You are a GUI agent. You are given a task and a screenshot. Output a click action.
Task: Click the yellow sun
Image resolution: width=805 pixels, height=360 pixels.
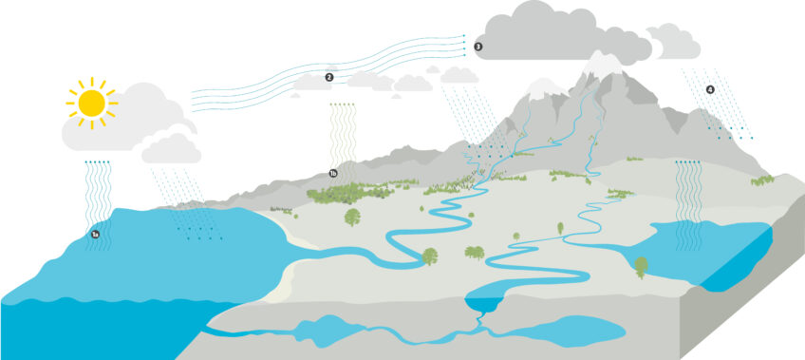pyautogui.click(x=92, y=103)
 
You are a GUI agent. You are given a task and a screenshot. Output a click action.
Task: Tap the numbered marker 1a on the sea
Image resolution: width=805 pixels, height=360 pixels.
pyautogui.click(x=95, y=233)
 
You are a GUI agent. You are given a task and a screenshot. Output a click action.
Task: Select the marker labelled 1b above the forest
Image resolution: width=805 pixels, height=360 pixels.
pyautogui.click(x=333, y=174)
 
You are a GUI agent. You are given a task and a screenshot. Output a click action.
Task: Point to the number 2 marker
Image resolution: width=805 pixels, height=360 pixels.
pyautogui.click(x=328, y=77)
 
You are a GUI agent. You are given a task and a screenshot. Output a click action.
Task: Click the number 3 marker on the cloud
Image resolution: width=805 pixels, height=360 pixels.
pyautogui.click(x=477, y=46)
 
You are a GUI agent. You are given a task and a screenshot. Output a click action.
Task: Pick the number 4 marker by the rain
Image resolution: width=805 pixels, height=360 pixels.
pyautogui.click(x=709, y=90)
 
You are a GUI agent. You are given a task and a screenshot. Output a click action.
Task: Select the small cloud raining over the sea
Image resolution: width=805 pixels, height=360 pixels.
pyautogui.click(x=172, y=148)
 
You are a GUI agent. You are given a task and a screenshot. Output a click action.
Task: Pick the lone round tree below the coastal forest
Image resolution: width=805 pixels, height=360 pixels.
pyautogui.click(x=353, y=218)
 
